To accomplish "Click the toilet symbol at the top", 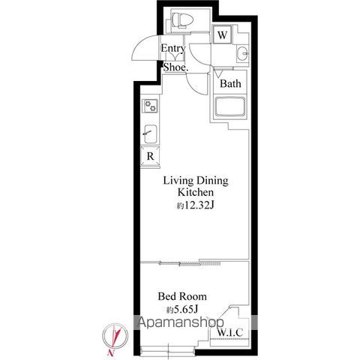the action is pos(183,19).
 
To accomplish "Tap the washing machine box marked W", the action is pos(222,34).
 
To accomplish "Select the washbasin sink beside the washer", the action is pos(242,53).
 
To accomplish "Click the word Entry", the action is pos(173,48).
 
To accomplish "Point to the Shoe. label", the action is pos(175,67).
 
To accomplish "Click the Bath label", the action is pos(230,83).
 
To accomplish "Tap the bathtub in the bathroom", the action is pos(230,107).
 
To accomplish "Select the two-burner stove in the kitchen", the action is pos(150,106).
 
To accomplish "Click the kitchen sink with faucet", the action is pos(151,134).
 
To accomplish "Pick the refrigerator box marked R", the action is pos(150,156).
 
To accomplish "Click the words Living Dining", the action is pos(196,181).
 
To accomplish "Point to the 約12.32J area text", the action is pos(196,205).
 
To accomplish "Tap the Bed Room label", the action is pos(182,296).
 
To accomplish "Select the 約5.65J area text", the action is pos(182,310).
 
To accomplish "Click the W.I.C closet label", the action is pos(230,332).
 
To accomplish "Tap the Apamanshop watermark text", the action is pos(181,322).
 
